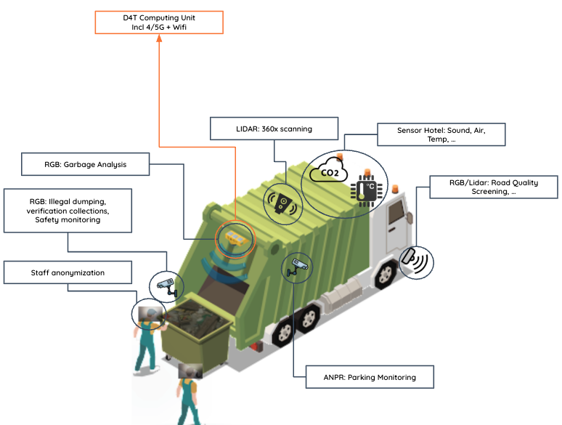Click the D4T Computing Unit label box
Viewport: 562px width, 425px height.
159,22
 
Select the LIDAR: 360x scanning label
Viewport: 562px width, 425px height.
274,129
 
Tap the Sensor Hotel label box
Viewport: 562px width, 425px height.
441,134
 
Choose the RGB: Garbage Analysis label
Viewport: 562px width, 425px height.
86,164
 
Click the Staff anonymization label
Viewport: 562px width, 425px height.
68,272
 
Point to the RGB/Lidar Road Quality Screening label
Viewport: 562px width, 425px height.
493,187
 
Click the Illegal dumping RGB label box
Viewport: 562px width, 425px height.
68,210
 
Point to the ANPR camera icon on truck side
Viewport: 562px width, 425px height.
296,267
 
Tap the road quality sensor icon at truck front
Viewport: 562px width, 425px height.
416,261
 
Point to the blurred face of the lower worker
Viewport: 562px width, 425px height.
190,371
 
